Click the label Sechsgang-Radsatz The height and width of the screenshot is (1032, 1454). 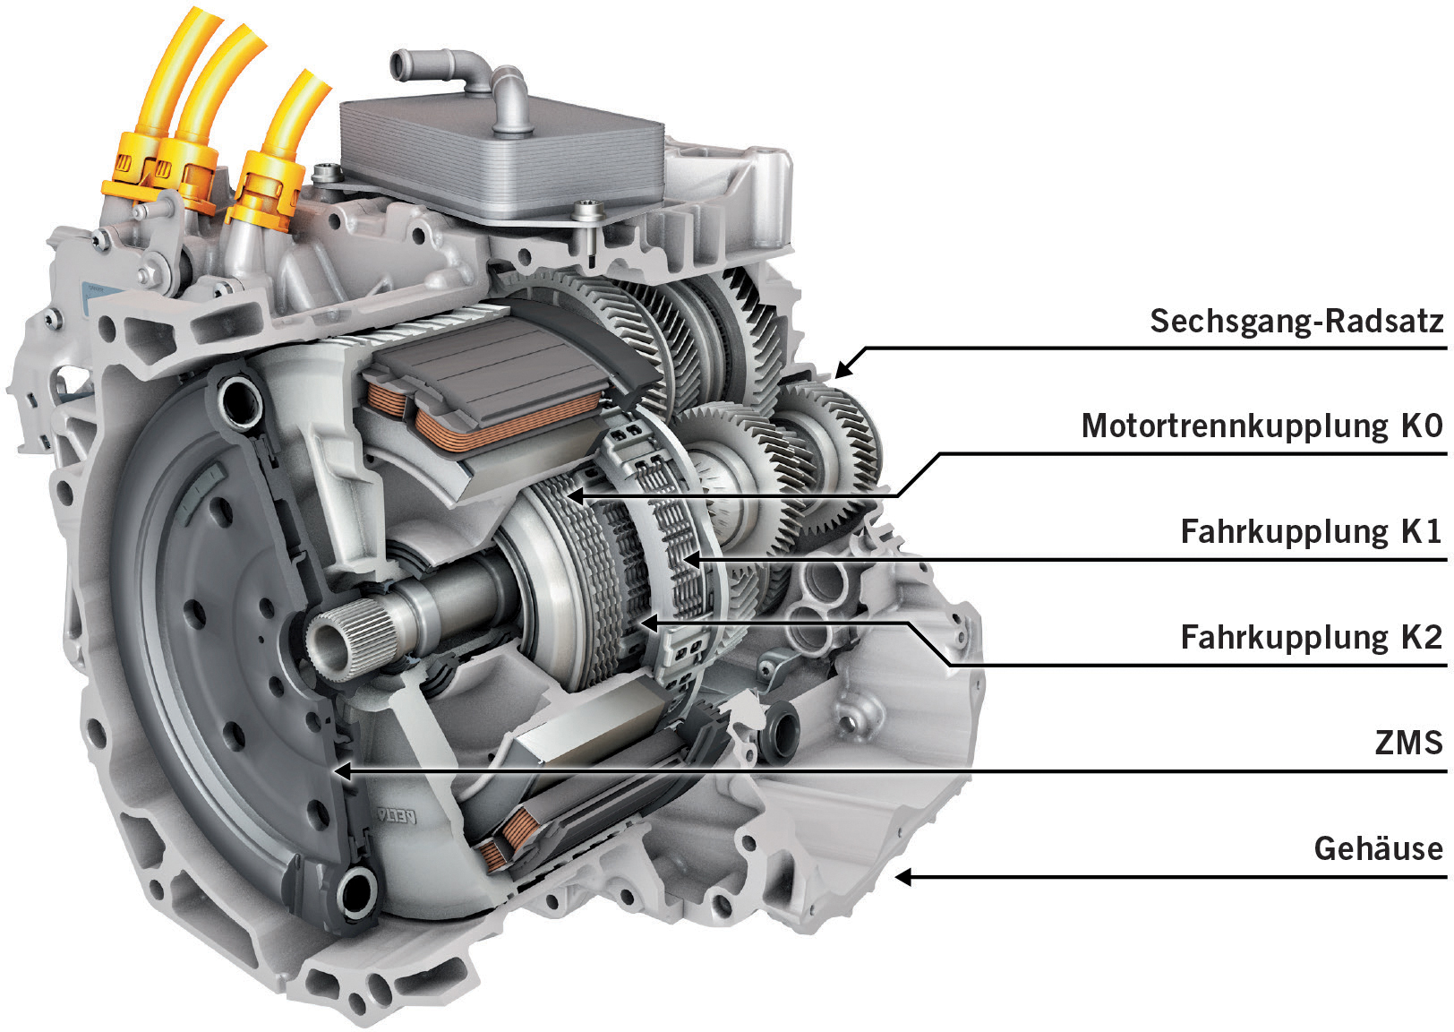tap(1296, 321)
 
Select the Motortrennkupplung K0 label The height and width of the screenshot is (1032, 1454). tap(1262, 426)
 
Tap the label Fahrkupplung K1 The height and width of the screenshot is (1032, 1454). tap(1311, 531)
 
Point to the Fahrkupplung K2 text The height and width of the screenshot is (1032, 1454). tap(1311, 637)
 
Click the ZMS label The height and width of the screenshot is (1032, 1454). tap(1408, 743)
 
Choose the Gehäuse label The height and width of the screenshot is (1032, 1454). tap(1378, 847)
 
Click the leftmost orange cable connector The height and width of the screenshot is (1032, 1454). tap(125, 175)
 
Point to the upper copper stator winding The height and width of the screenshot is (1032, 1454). tap(501, 421)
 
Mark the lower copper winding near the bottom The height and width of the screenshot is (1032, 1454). tap(506, 838)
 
